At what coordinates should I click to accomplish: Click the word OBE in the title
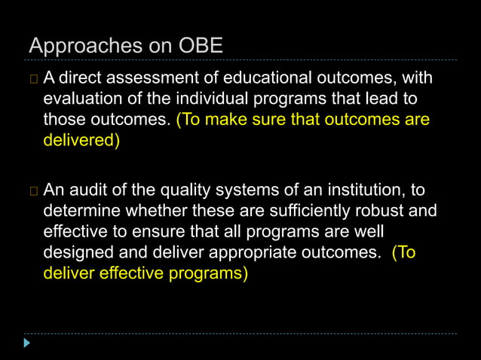200,46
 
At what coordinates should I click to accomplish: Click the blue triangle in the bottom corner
28,343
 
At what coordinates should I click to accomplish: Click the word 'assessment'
150,78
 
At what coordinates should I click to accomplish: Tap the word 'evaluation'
81,99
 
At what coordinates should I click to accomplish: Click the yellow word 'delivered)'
81,141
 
